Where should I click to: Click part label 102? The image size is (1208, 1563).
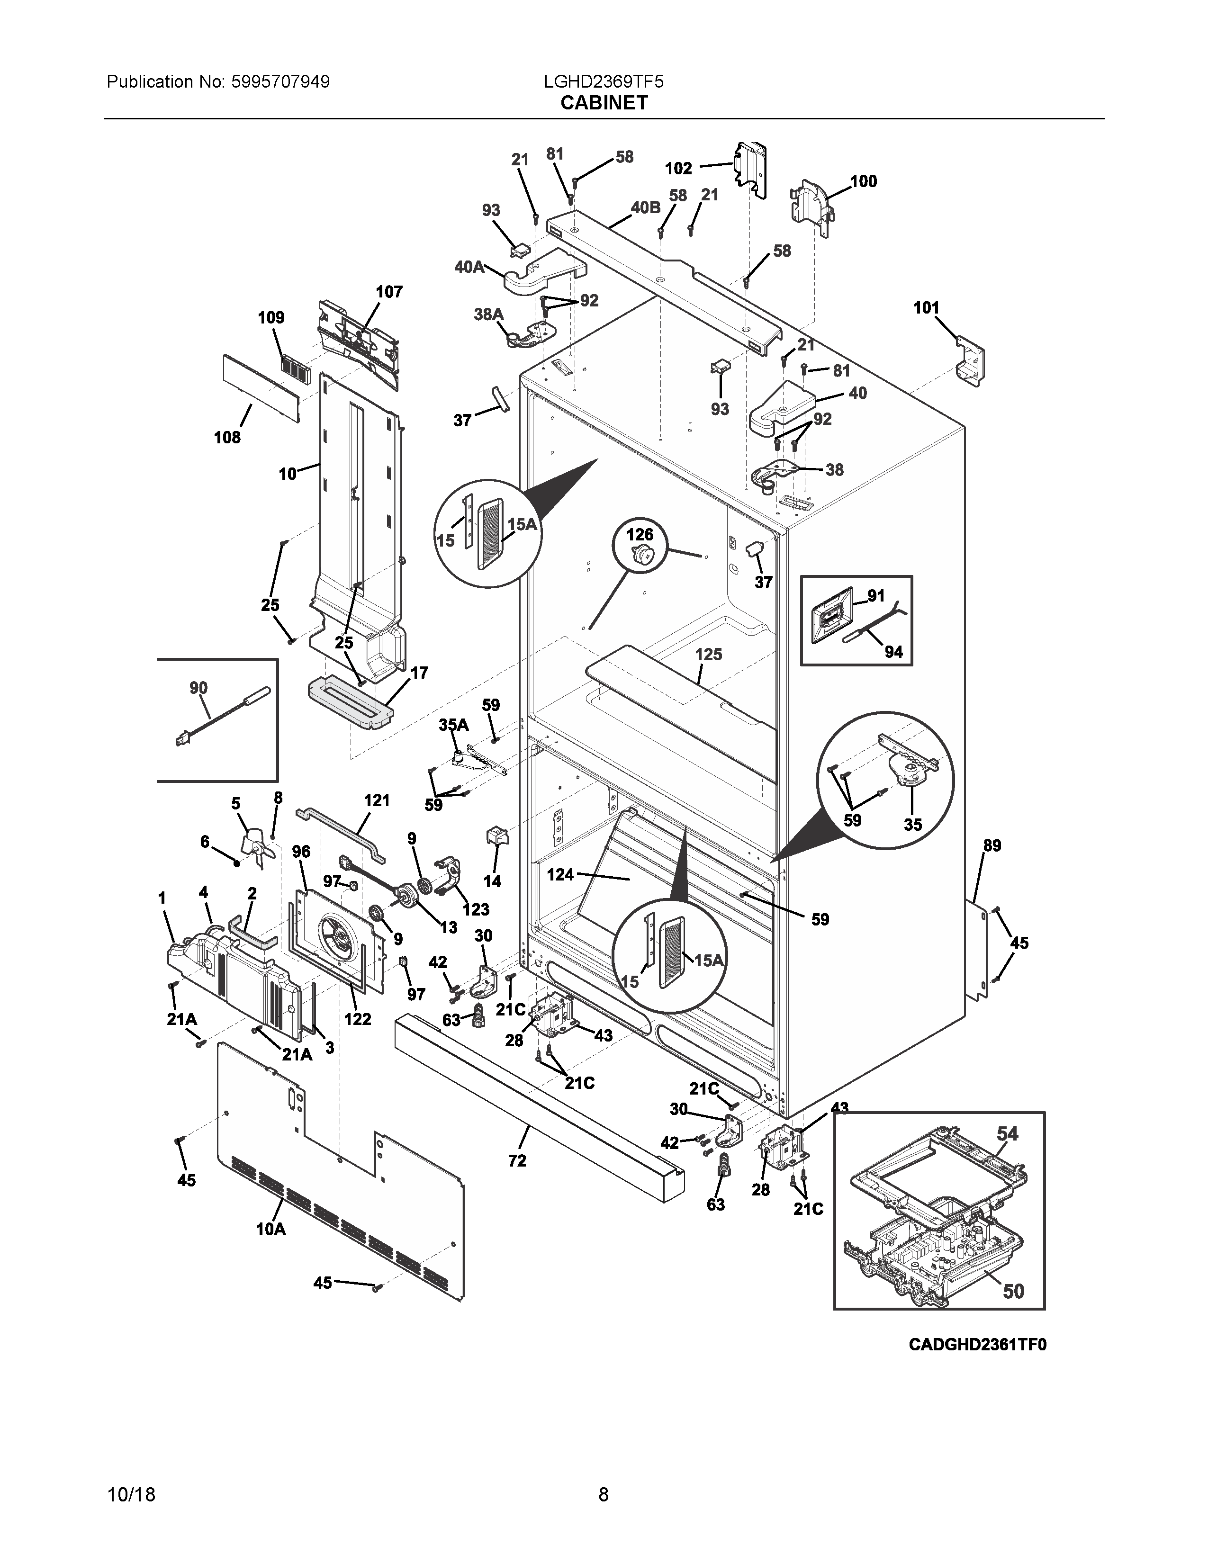678,168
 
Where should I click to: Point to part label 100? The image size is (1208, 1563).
863,181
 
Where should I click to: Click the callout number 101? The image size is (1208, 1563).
926,308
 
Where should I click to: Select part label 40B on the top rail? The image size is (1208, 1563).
646,207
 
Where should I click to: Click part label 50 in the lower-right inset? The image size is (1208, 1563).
1013,1291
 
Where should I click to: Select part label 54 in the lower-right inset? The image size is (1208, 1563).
1008,1133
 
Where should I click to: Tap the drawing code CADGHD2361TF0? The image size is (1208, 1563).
978,1345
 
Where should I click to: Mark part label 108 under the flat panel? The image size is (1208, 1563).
227,437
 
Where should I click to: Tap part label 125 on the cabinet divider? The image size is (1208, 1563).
709,654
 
